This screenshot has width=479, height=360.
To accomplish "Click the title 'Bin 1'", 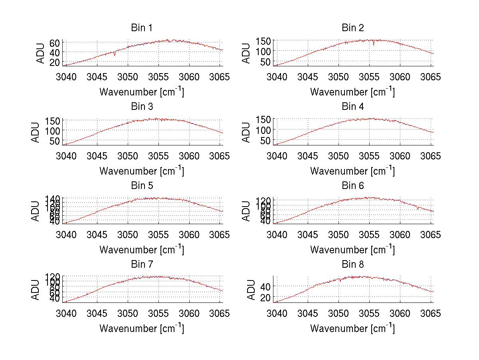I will coord(142,28).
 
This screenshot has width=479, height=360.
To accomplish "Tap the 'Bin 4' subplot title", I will coord(353,107).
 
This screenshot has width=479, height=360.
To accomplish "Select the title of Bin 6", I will coord(353,186).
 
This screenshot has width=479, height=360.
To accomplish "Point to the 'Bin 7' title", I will coord(142,265).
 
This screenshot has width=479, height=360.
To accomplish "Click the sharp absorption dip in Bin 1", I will coord(115,54).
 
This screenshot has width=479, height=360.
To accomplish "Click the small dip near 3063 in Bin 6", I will coord(418,208).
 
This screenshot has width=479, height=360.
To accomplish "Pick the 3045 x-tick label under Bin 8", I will coord(308,313).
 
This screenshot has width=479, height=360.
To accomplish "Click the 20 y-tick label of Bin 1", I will coord(55,62).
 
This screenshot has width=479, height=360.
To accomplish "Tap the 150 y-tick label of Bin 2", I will coord(266,41).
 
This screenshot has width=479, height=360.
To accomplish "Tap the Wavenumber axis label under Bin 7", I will coord(142,328).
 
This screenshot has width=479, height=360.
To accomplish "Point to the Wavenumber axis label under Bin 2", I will coord(352,92).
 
